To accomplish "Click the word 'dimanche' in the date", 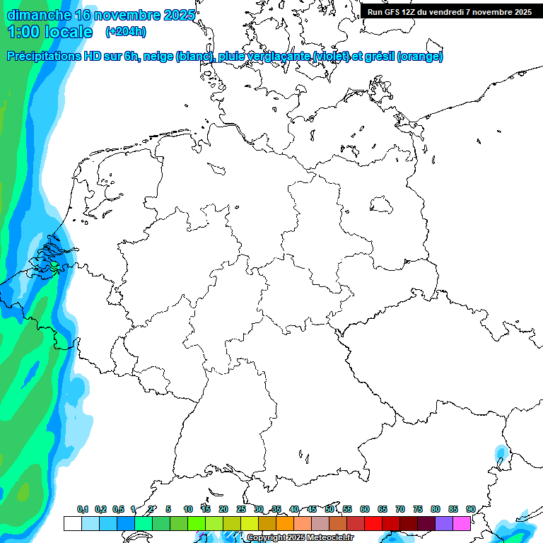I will [39, 15].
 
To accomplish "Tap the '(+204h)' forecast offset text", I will [126, 32].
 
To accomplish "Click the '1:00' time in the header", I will [23, 32].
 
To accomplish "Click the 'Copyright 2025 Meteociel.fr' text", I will [300, 538].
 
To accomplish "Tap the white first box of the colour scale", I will [72, 523].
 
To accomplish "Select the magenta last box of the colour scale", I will [461, 523].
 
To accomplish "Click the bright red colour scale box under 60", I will [373, 523].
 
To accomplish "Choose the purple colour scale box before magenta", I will [443, 523].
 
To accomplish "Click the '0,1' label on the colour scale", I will [83, 510].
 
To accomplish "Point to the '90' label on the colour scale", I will [470, 510].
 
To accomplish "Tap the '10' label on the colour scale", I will [188, 510].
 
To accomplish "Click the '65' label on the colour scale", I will [383, 510].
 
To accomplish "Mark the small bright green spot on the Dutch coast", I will [54, 266].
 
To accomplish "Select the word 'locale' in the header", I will [69, 32].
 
